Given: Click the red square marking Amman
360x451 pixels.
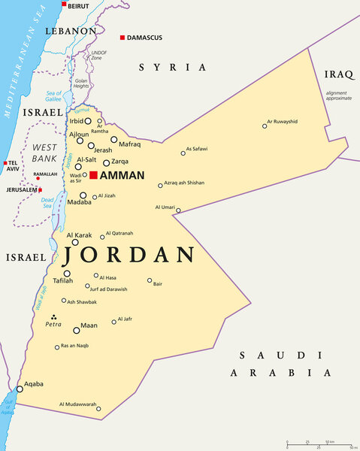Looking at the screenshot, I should click(x=93, y=175).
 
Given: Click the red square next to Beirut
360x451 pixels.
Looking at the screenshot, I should click(x=64, y=5).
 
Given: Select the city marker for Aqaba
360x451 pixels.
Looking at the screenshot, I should click(x=20, y=389).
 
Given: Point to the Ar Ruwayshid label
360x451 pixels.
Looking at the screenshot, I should click(x=282, y=121).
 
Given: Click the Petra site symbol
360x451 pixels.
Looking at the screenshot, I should click(x=53, y=317).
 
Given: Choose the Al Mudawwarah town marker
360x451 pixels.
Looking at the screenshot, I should click(x=98, y=409).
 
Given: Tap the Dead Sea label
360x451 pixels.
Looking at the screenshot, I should click(x=47, y=204).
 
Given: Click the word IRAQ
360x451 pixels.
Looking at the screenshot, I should click(x=338, y=74).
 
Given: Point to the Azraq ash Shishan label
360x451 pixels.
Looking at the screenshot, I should click(x=184, y=183).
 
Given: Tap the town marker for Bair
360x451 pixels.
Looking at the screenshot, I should click(x=150, y=280).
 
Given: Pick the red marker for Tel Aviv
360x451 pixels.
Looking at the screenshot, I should click(x=5, y=163).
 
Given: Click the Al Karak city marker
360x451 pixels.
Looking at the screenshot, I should click(x=75, y=243).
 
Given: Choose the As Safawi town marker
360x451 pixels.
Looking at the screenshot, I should click(x=183, y=153).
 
